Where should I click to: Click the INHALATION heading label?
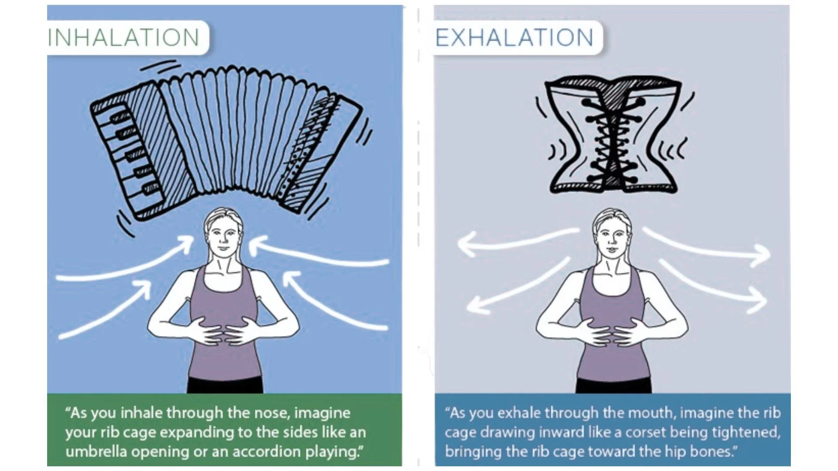124,38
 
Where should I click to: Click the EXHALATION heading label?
515,38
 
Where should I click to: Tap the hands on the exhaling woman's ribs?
611,331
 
